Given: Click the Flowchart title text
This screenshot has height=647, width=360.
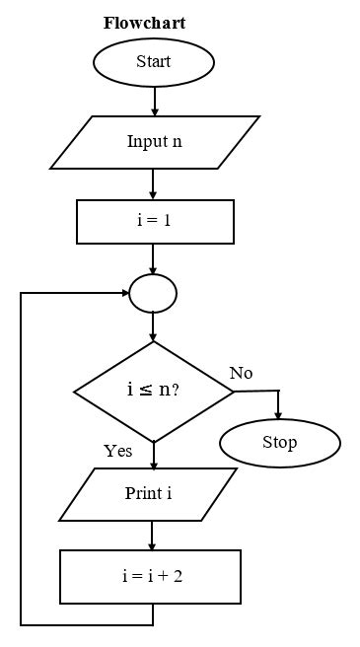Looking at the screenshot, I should (x=144, y=23).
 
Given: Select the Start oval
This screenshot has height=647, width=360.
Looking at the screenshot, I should (x=153, y=62).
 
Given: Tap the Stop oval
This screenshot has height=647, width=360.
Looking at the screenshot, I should (x=279, y=443).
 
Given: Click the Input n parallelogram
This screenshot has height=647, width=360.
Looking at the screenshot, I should (x=154, y=142).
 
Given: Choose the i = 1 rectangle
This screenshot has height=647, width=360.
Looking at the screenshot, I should (x=155, y=221).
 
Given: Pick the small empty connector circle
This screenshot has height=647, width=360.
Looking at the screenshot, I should (x=153, y=293).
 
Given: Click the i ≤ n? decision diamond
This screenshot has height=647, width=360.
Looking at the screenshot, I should (x=154, y=391).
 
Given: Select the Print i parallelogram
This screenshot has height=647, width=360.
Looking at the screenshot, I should (x=149, y=493).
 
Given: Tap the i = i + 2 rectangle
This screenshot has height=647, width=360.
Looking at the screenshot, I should (x=150, y=576).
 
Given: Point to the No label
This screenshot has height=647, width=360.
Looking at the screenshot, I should (x=241, y=373).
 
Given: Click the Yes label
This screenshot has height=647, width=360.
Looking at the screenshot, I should (x=118, y=452).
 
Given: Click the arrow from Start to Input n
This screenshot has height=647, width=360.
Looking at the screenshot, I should (x=154, y=100).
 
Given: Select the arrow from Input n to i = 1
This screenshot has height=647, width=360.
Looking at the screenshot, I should (x=154, y=183).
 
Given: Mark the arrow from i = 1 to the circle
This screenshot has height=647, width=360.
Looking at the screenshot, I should (x=154, y=257).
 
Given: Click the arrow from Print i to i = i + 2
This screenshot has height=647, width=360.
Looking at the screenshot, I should (x=152, y=535).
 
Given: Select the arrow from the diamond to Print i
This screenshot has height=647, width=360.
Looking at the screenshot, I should (x=154, y=455).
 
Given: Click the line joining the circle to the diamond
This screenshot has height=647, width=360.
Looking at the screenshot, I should (x=153, y=326).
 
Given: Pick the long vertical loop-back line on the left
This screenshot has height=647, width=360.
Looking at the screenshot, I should (x=22, y=459).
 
